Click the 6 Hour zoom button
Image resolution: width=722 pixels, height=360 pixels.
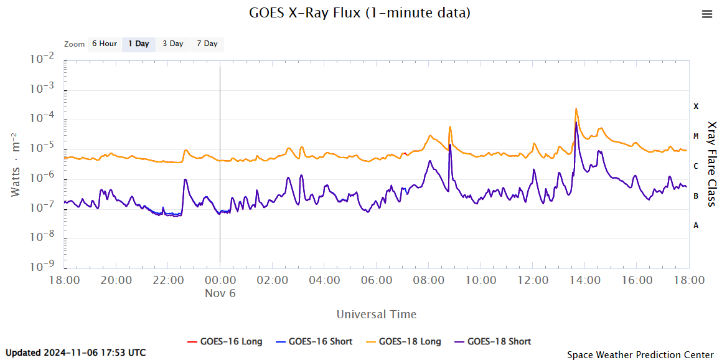(104, 44)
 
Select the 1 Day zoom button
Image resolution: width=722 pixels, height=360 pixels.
(139, 44)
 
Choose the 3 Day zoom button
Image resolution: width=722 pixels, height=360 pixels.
(173, 44)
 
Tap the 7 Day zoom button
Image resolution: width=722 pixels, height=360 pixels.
(207, 44)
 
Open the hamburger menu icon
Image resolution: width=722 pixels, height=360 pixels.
(706, 14)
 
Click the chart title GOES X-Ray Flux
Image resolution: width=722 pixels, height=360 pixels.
(360, 12)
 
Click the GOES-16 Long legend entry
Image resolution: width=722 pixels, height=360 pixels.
(225, 341)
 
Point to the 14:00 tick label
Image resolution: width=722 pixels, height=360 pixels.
(584, 280)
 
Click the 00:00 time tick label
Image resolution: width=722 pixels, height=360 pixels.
(220, 280)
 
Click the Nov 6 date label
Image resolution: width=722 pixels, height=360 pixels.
(220, 293)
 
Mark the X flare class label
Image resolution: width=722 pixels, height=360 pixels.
(696, 107)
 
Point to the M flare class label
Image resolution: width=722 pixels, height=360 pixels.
(696, 136)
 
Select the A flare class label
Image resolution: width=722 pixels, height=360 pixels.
(696, 225)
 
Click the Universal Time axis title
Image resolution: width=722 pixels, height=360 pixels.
(377, 314)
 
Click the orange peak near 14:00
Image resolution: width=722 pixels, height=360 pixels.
(576, 109)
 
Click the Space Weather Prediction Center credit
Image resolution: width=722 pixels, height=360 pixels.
(640, 354)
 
